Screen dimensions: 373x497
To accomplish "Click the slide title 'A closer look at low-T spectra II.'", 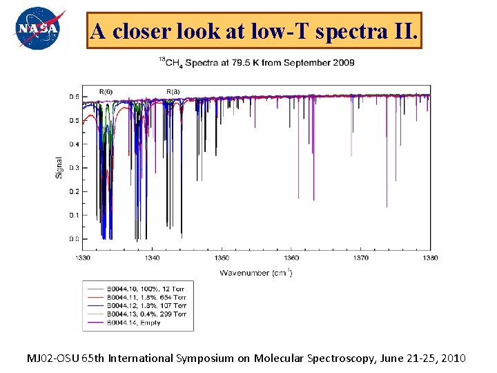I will [x=253, y=31].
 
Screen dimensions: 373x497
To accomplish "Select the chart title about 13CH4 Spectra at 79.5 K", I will [x=256, y=63].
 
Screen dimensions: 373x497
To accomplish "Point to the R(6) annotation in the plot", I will [x=106, y=91].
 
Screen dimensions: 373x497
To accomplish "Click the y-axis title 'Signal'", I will [x=59, y=168].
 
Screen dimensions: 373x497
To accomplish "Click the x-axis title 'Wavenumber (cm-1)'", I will [x=256, y=273].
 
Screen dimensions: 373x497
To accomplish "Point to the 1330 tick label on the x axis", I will [x=81, y=258].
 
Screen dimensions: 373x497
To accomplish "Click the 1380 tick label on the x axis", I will [x=429, y=258].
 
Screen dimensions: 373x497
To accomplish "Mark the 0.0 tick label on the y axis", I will [x=73, y=238].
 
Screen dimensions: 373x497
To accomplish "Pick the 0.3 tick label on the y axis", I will [x=73, y=168].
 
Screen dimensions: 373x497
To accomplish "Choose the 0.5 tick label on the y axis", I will [x=73, y=120].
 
